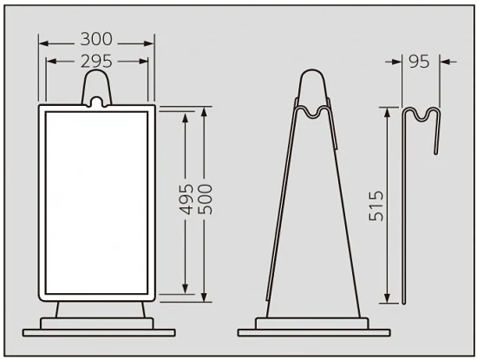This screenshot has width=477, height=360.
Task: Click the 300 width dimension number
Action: [x=96, y=39]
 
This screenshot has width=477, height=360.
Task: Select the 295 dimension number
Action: [x=96, y=62]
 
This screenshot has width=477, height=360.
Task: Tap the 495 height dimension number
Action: [x=186, y=199]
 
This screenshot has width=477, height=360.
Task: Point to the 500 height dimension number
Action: [x=205, y=199]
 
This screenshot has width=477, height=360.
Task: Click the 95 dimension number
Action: [x=419, y=62]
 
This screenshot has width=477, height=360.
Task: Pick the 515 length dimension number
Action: [x=376, y=206]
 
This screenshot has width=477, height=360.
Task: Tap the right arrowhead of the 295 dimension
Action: [x=144, y=62]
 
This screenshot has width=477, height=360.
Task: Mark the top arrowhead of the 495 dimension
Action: [x=185, y=117]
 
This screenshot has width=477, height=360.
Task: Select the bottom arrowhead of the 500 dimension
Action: [x=204, y=298]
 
